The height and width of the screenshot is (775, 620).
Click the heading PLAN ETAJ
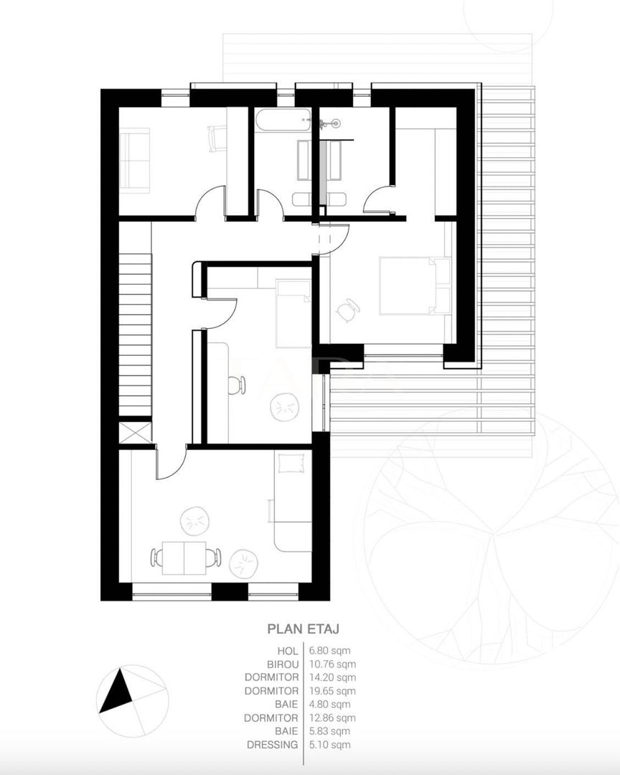coord(303,629)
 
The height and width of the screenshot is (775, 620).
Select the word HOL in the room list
coord(288,651)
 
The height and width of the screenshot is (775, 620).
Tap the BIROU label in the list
coord(283,664)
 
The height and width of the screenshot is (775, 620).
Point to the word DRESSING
coord(273,744)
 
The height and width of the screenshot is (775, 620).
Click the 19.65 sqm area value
coord(332,691)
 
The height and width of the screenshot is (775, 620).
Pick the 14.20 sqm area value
coord(332,677)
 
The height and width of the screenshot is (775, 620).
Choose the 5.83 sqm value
coord(330,731)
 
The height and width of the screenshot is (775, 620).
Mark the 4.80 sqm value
coord(330,705)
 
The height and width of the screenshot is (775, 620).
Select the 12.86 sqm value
coord(332,718)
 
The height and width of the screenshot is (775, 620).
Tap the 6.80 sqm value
coord(330,651)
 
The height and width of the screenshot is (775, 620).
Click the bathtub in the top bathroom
coord(283,120)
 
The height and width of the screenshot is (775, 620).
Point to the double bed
coord(415,285)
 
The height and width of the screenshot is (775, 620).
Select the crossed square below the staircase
coord(135,433)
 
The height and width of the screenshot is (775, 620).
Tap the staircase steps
coord(135,335)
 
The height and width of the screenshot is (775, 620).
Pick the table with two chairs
coord(184,558)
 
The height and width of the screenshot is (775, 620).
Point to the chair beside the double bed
coord(347,309)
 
